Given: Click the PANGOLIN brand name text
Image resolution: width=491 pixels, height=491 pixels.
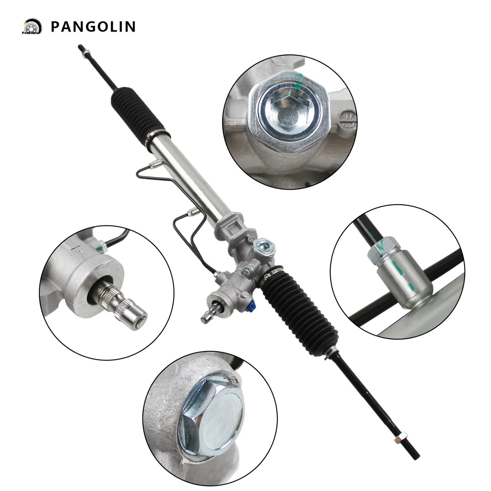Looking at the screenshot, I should point(93,27).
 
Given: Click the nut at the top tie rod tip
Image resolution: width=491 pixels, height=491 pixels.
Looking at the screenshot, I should point(87,52).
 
